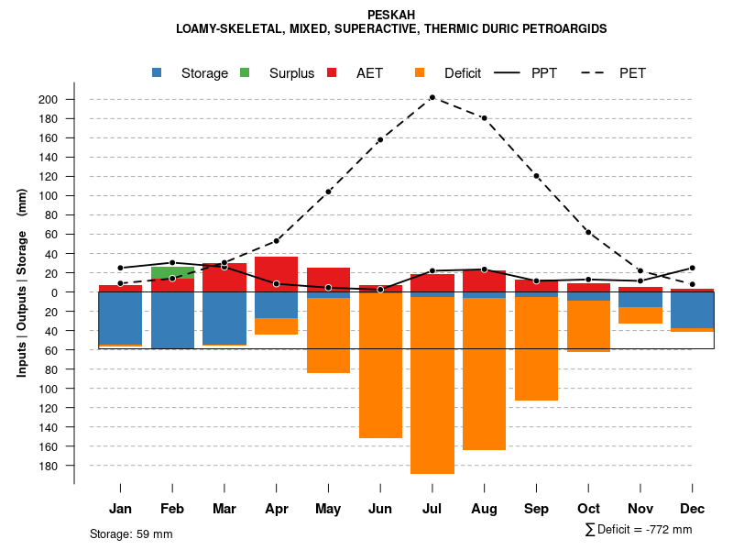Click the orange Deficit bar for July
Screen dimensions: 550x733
click(x=432, y=385)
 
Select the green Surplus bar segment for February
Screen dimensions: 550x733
click(x=172, y=272)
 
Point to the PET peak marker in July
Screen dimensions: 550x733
click(x=432, y=97)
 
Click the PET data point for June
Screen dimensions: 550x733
click(x=380, y=139)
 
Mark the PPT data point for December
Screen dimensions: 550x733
click(x=693, y=268)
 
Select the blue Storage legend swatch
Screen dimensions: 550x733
click(x=159, y=73)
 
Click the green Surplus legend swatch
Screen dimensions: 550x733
click(x=245, y=73)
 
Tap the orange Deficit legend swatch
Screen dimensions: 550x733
click(x=420, y=73)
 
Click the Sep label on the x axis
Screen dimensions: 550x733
click(x=536, y=509)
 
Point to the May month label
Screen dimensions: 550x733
click(x=328, y=509)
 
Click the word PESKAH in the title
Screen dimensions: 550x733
click(x=391, y=16)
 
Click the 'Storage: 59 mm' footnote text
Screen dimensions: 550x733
click(x=131, y=533)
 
